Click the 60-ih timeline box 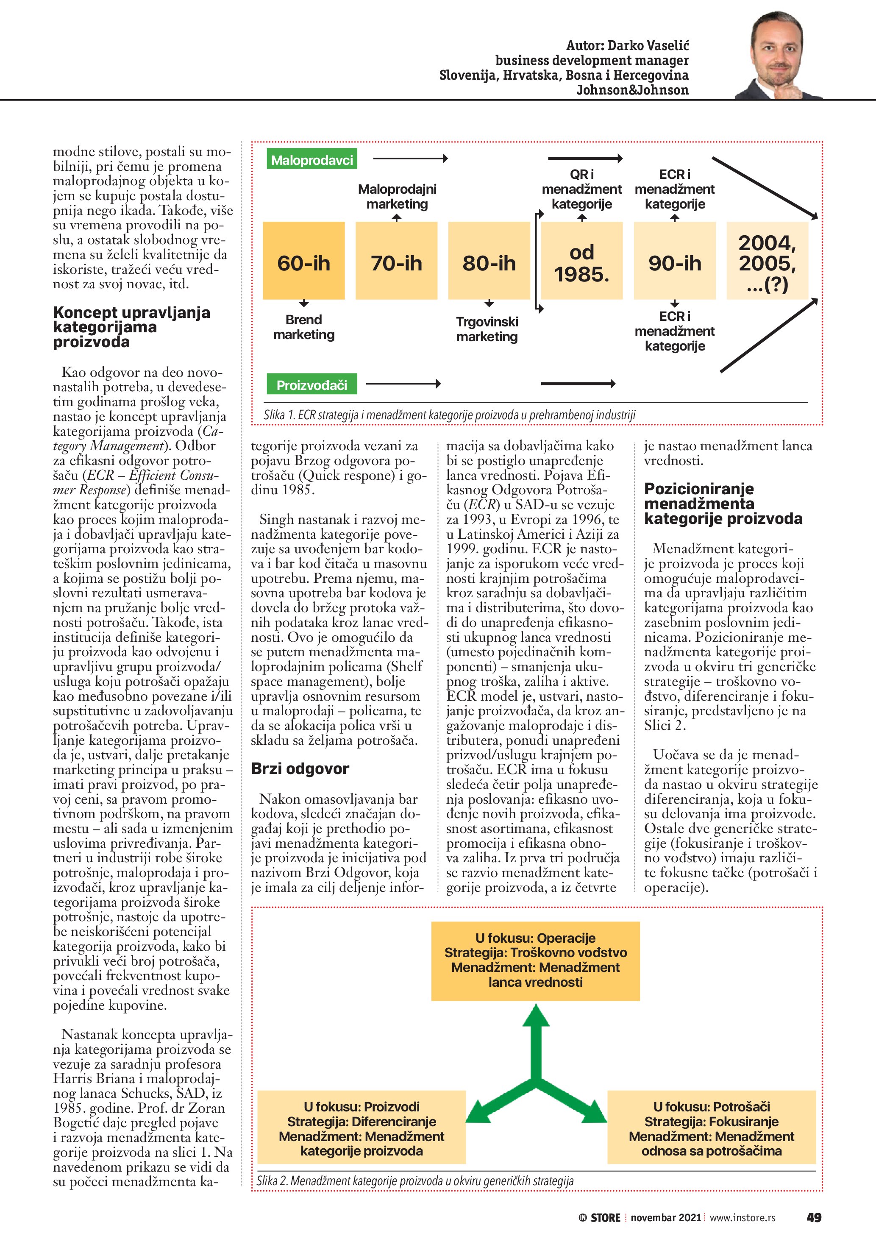304,261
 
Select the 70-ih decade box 396,261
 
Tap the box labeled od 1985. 581,261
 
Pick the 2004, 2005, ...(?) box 767,261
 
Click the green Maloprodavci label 312,160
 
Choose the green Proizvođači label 312,385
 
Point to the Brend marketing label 304,327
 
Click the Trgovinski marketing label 487,329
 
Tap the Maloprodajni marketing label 397,196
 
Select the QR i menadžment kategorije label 581,189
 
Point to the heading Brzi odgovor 300,768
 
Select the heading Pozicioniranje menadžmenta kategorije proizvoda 723,504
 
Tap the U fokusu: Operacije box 535,961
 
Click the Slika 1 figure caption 449,415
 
